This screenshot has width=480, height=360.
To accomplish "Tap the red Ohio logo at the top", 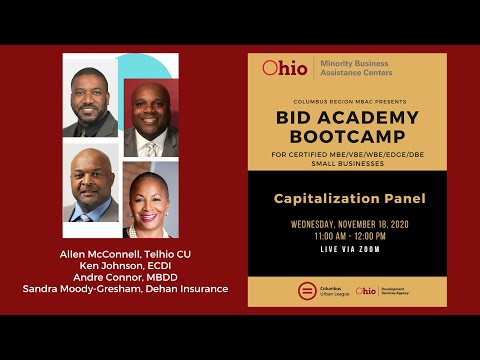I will coord(284,68).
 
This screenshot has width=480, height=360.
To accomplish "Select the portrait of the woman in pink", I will coord(151,197).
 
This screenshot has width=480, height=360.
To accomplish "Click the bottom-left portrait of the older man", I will coord(91,185).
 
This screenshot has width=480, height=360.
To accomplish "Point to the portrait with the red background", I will coord(151,119).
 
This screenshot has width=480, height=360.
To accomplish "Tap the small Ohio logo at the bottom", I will coord(366,291).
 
